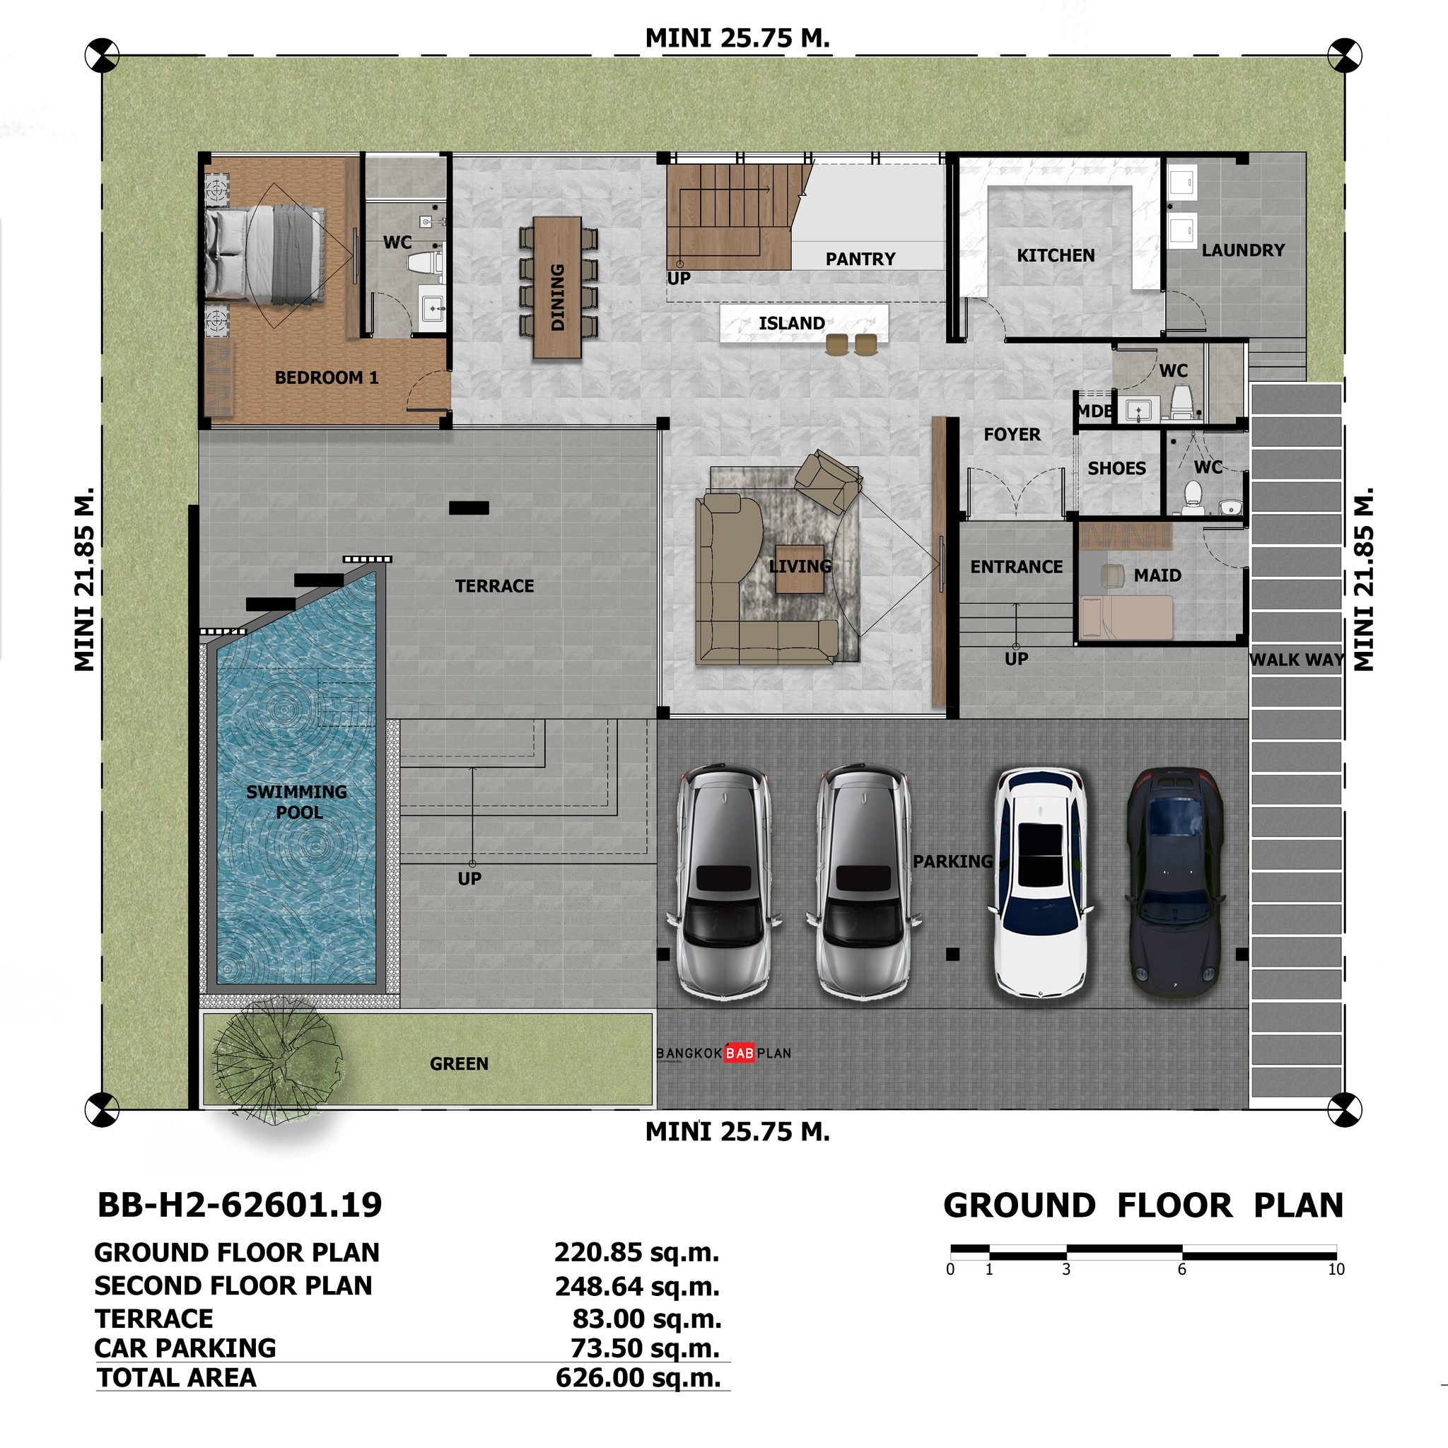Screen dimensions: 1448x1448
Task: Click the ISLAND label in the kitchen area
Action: (x=791, y=323)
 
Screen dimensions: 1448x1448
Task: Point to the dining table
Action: (x=557, y=287)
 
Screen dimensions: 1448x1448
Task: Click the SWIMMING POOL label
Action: (x=298, y=801)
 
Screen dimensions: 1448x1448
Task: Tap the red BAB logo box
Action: (x=739, y=1053)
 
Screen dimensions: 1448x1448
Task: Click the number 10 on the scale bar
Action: (x=1336, y=1270)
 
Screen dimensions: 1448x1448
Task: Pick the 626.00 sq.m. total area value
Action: (x=637, y=1377)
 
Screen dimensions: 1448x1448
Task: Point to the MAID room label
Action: (x=1157, y=576)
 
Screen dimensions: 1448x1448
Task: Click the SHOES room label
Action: (x=1116, y=469)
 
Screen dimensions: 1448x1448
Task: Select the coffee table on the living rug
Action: (x=799, y=568)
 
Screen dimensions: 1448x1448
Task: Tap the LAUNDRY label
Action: (x=1243, y=250)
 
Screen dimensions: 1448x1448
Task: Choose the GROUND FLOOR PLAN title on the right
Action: (x=1143, y=1206)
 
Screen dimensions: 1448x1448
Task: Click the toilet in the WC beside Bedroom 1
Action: (x=424, y=262)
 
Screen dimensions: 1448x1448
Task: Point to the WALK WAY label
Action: (x=1296, y=660)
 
